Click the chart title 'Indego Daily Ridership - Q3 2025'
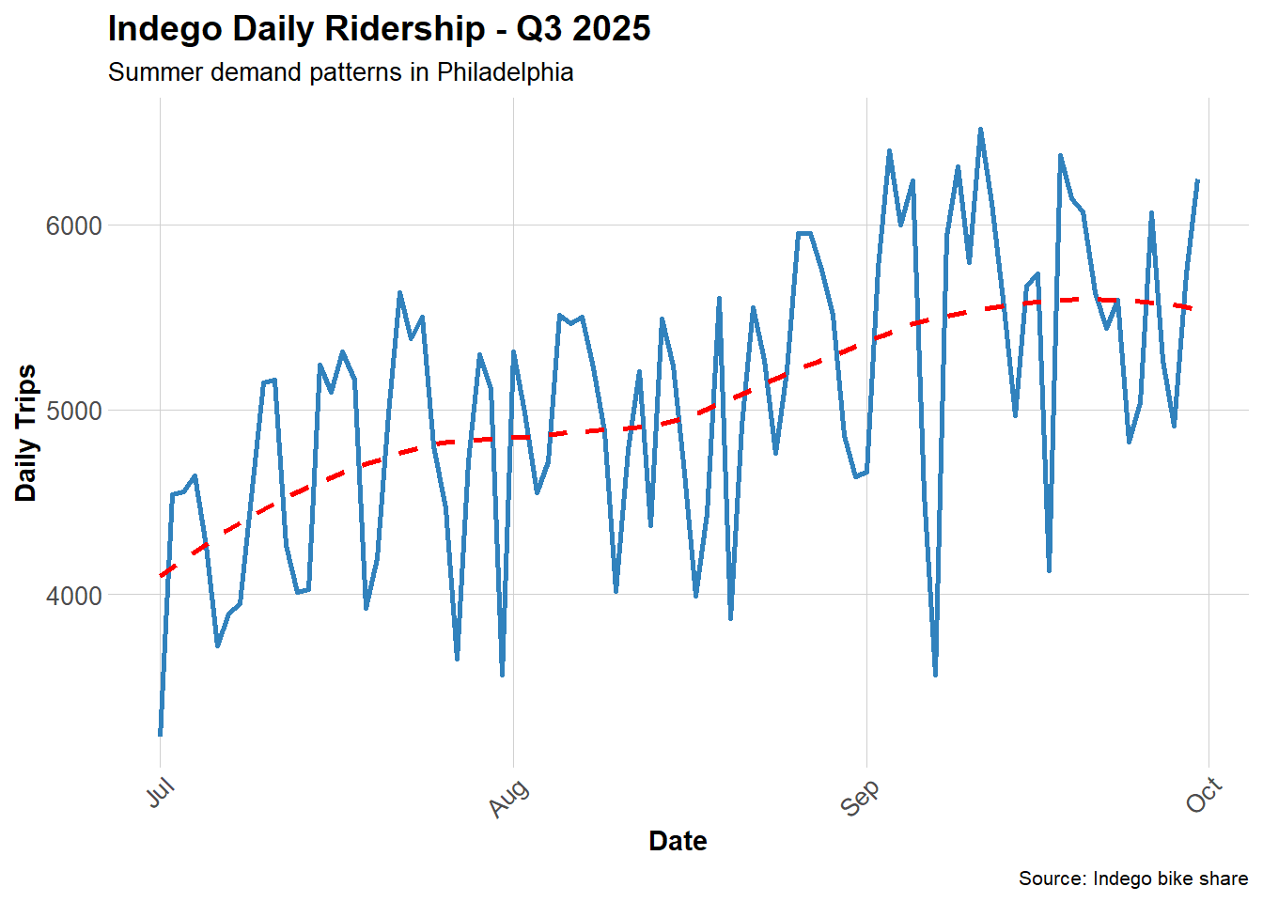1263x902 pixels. point(379,29)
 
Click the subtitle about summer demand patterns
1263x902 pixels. point(340,72)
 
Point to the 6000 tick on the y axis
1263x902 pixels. point(73,225)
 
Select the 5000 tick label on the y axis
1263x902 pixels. point(73,411)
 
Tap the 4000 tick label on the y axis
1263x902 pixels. point(73,596)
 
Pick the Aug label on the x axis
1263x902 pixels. point(509,798)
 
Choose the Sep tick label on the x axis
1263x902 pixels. point(860,798)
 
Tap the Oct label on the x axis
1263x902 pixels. point(1204,795)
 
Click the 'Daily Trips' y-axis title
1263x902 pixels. point(26,432)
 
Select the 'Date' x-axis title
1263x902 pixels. point(678,841)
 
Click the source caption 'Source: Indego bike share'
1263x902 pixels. point(1132,879)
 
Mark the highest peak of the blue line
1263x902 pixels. point(980,130)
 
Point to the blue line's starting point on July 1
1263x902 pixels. point(161,734)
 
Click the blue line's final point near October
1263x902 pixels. point(1197,180)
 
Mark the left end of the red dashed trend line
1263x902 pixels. point(162,575)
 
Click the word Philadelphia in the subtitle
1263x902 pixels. point(505,72)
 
